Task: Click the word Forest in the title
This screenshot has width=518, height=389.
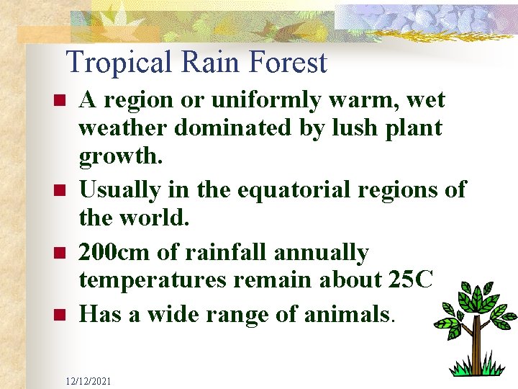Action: pos(288,63)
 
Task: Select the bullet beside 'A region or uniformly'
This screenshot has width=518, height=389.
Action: pos(60,100)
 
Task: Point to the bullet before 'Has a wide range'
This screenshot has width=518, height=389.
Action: pos(60,315)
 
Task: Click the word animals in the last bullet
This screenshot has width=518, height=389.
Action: pos(342,314)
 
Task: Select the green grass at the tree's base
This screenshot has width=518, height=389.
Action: pos(475,369)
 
